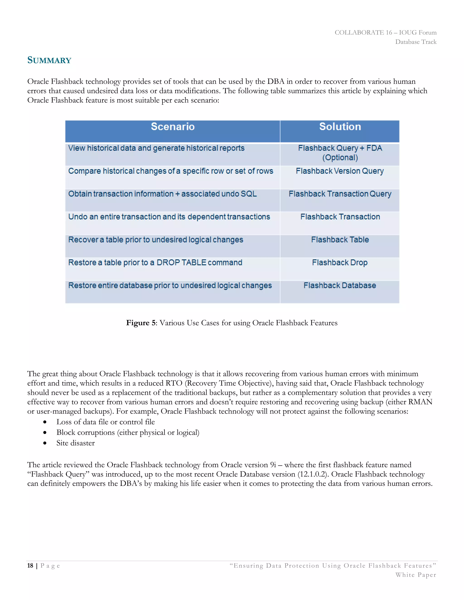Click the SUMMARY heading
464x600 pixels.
(49, 60)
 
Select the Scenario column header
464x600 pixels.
(172, 127)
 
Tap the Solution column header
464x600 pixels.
(340, 127)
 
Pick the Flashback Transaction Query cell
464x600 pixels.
(340, 194)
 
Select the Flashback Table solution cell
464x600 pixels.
(340, 240)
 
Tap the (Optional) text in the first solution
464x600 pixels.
(340, 158)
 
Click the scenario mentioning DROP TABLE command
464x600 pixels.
(155, 263)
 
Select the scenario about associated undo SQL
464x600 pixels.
(162, 194)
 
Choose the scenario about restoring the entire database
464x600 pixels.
(170, 286)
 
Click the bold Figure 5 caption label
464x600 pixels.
(141, 323)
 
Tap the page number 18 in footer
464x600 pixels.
(30, 566)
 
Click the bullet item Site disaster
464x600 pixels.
(76, 443)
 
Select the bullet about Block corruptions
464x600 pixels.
(128, 432)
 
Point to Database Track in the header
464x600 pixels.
(416, 42)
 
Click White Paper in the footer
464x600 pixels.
(416, 575)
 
